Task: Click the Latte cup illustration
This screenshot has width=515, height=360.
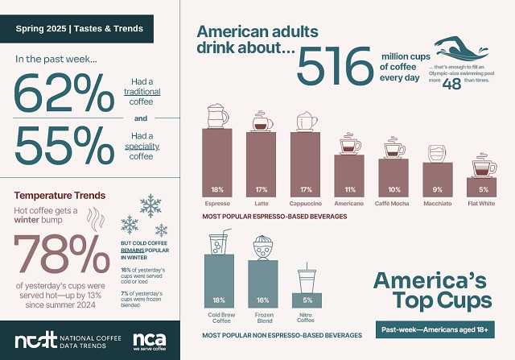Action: (262, 121)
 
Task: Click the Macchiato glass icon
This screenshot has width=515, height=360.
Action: (438, 153)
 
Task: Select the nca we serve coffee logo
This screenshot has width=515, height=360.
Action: (149, 341)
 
